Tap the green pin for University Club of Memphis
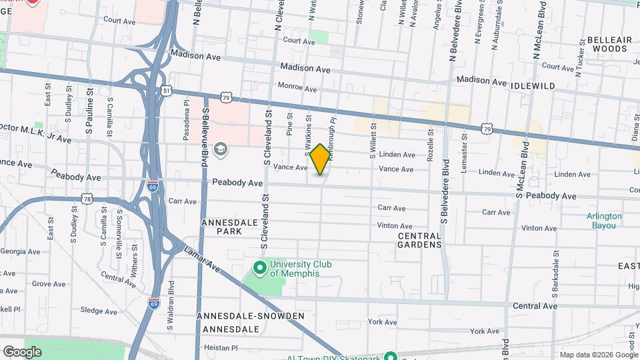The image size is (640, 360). click(x=260, y=268)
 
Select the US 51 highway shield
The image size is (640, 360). click(x=166, y=90)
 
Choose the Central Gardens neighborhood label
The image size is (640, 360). click(x=420, y=240)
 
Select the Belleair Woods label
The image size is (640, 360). click(x=610, y=44)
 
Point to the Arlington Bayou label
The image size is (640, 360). click(x=605, y=221)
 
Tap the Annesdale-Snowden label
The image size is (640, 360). click(x=250, y=315)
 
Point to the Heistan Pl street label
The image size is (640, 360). click(x=221, y=348)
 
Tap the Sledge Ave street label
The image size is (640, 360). click(x=99, y=311)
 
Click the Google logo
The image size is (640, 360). click(x=21, y=351)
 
